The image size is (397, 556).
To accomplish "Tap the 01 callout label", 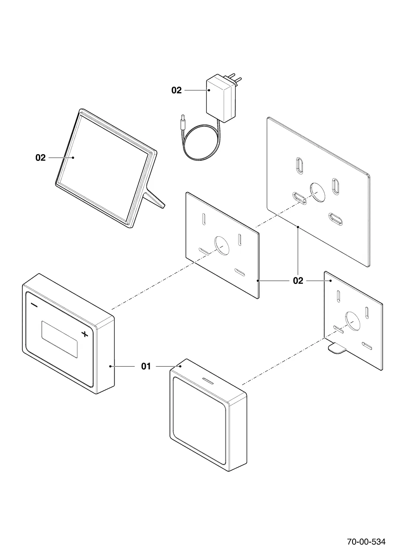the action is click(146, 366).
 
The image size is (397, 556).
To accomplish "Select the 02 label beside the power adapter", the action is click(176, 91).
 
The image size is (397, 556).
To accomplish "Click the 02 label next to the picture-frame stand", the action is click(40, 158).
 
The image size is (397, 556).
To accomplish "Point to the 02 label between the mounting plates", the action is click(298, 281).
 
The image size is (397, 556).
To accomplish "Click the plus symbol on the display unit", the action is click(85, 334).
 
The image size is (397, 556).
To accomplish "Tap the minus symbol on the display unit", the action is click(34, 305).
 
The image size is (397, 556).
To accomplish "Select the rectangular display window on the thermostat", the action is click(60, 339).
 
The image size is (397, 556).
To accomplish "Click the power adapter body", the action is click(221, 99).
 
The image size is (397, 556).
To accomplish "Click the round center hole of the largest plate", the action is click(317, 192).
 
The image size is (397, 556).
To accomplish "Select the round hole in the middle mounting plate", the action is click(222, 245).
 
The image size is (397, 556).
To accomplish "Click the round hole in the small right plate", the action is click(353, 321).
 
